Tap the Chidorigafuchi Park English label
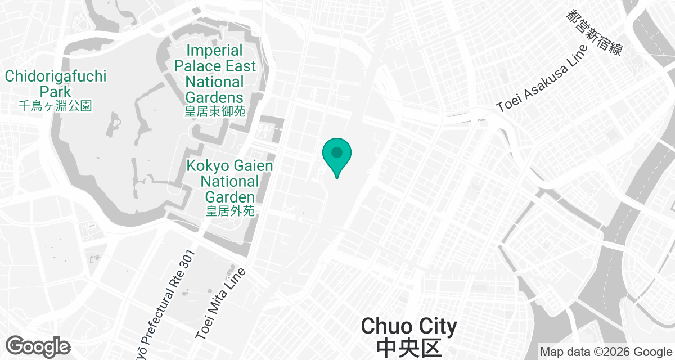tap(55, 84)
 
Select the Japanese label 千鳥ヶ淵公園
tap(55, 105)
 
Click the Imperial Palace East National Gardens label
tap(215, 74)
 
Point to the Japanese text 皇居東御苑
tap(215, 111)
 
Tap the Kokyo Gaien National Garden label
tap(229, 181)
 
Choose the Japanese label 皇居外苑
tap(229, 211)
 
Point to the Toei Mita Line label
tap(221, 304)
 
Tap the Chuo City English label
tap(409, 326)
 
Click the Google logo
tap(38, 346)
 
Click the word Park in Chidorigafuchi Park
tap(55, 92)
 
